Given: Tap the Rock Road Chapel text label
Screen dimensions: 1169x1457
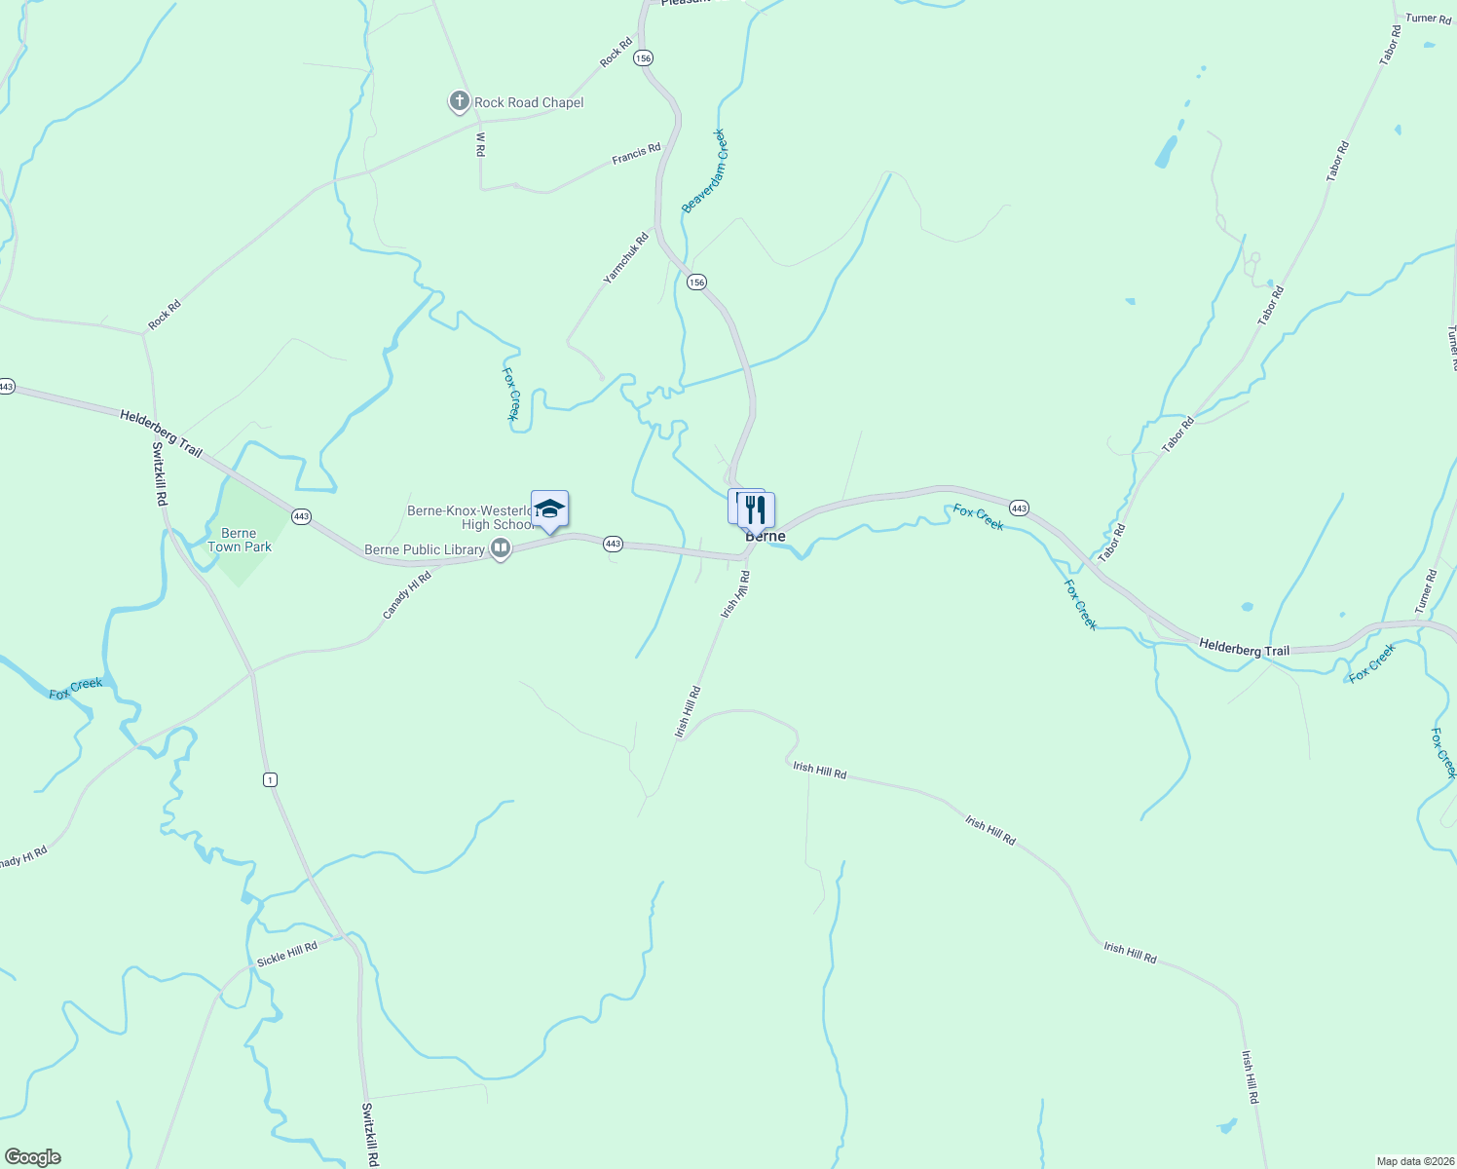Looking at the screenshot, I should pyautogui.click(x=529, y=102).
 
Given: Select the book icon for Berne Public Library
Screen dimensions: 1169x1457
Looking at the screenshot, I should pyautogui.click(x=501, y=549).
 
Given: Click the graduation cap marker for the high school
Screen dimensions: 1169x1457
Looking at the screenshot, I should pyautogui.click(x=549, y=509).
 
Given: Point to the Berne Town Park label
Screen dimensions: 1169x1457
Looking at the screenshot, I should pyautogui.click(x=240, y=540).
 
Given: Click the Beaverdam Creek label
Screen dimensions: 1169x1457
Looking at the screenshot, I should pyautogui.click(x=704, y=170).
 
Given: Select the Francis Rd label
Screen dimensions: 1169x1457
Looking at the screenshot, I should pyautogui.click(x=636, y=154).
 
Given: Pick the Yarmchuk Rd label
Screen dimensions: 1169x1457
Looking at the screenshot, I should pyautogui.click(x=625, y=258).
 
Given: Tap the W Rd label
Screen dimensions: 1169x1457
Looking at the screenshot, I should pyautogui.click(x=480, y=144).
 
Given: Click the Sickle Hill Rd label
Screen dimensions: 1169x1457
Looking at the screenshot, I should pyautogui.click(x=287, y=954).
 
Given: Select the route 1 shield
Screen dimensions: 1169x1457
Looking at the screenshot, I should pyautogui.click(x=270, y=779).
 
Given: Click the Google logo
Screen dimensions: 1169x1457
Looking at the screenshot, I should pyautogui.click(x=33, y=1157).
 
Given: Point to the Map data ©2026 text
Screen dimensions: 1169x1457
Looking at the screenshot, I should pyautogui.click(x=1413, y=1161).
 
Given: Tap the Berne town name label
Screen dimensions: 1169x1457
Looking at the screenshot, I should pyautogui.click(x=766, y=537).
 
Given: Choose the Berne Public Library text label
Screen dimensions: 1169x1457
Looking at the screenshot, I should pyautogui.click(x=425, y=549).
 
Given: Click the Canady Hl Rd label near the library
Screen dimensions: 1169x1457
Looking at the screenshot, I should pyautogui.click(x=406, y=596).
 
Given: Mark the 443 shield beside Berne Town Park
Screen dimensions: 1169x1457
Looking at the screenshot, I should pyautogui.click(x=302, y=516).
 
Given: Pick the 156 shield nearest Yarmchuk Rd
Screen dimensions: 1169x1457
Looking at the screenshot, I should pyautogui.click(x=696, y=282).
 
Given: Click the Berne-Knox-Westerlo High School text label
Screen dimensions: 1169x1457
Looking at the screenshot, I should pyautogui.click(x=471, y=517).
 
